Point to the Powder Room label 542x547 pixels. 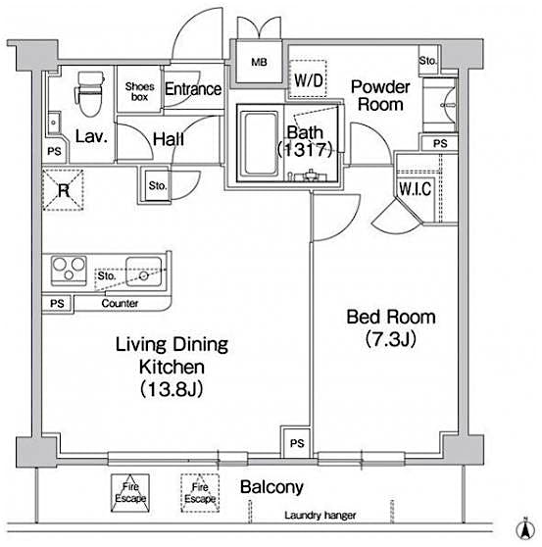[378, 96]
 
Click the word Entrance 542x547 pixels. [193, 89]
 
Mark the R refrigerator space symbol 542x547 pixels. [62, 191]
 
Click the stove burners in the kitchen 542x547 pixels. [69, 267]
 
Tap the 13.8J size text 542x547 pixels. [172, 389]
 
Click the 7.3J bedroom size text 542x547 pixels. [390, 340]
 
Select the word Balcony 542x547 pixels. [272, 487]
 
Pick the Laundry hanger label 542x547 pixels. [320, 516]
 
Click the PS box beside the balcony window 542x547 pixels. [296, 442]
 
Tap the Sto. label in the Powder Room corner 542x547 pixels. [427, 61]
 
